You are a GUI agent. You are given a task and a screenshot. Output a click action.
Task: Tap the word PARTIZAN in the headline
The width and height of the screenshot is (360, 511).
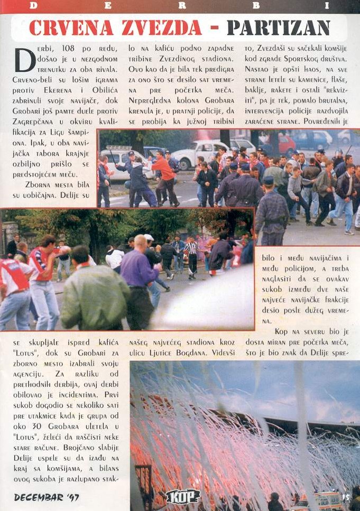coord(278,27)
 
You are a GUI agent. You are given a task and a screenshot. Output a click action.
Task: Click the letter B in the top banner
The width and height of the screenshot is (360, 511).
coord(256,5)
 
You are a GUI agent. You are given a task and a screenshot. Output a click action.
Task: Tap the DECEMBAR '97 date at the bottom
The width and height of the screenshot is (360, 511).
coord(46,497)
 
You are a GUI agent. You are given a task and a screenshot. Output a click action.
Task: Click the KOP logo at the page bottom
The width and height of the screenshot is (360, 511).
coord(183,496)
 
